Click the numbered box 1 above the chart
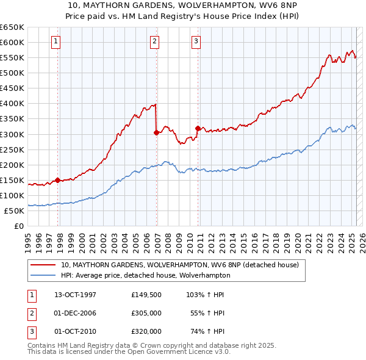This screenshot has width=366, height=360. click(56, 41)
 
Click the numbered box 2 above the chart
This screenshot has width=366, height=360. click(154, 41)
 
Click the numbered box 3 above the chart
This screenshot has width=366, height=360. click(196, 41)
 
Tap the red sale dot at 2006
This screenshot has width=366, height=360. click(157, 132)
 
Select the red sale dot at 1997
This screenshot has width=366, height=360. click(57, 180)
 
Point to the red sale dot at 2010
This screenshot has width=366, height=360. click(198, 128)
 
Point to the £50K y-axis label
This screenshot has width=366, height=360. click(14, 211)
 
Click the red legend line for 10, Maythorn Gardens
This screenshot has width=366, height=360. click(43, 265)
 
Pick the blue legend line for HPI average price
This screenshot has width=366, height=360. click(43, 276)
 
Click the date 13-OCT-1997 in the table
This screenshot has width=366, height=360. click(75, 295)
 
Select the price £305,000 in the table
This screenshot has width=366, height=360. click(146, 313)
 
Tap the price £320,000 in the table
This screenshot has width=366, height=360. click(146, 331)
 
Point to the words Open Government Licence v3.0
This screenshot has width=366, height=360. click(181, 352)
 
